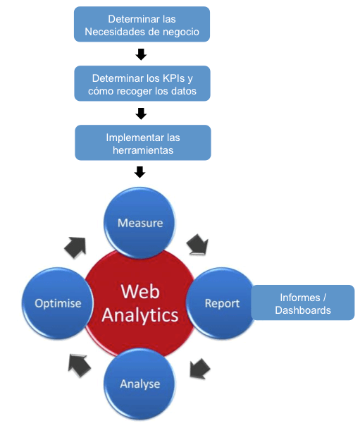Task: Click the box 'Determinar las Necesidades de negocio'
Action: pyautogui.click(x=142, y=25)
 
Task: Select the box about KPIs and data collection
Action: pyautogui.click(x=142, y=84)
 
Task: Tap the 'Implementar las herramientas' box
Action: pyautogui.click(x=142, y=143)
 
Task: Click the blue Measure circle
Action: pyautogui.click(x=139, y=223)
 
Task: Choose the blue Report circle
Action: pyautogui.click(x=222, y=303)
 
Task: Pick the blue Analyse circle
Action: pyautogui.click(x=139, y=384)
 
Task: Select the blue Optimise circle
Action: pyautogui.click(x=58, y=303)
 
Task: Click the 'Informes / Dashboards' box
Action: pyautogui.click(x=302, y=303)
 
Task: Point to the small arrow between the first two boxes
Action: pyautogui.click(x=141, y=54)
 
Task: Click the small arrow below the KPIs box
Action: pyautogui.click(x=141, y=114)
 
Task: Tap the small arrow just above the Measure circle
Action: pyautogui.click(x=139, y=172)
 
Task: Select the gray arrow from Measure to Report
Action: pyautogui.click(x=198, y=245)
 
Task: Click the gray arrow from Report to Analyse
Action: pyautogui.click(x=200, y=367)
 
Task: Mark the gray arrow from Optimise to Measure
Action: pyautogui.click(x=75, y=246)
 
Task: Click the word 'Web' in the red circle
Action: pyautogui.click(x=139, y=291)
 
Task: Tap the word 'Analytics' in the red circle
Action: pyautogui.click(x=139, y=314)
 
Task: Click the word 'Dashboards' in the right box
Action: pyautogui.click(x=302, y=310)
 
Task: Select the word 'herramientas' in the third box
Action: pyautogui.click(x=142, y=150)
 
